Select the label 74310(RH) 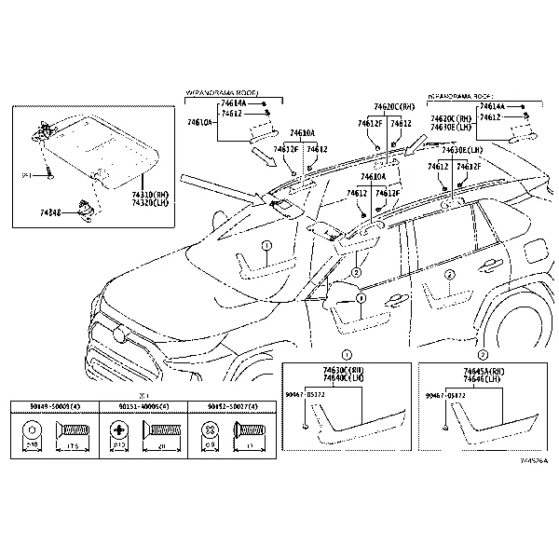click(149, 194)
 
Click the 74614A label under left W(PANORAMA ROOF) click(233, 104)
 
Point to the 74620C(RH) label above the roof click(394, 107)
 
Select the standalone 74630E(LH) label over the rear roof click(462, 149)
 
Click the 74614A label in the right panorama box click(493, 108)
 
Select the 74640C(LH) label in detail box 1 click(344, 378)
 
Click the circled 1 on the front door click(266, 247)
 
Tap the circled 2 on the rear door click(450, 274)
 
